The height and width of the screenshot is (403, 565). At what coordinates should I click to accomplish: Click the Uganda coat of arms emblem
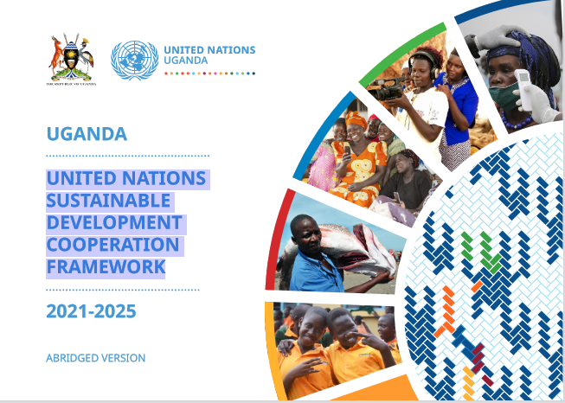(x=71, y=58)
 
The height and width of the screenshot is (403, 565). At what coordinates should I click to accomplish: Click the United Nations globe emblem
(x=134, y=61)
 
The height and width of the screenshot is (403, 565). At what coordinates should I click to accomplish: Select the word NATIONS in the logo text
(x=230, y=49)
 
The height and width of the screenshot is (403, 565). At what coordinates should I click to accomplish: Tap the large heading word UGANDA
(x=87, y=134)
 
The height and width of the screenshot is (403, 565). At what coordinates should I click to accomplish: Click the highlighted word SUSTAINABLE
(x=108, y=201)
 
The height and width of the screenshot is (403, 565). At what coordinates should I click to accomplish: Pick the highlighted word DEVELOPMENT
(x=114, y=222)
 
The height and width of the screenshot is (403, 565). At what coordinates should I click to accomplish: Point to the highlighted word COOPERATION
(x=112, y=245)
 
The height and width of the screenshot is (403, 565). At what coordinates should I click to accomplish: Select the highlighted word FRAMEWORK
(x=106, y=267)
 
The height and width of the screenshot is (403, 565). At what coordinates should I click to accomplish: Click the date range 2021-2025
(x=91, y=311)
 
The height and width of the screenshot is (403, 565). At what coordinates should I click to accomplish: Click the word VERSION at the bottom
(x=124, y=358)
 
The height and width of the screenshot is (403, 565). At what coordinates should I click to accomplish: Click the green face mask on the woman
(x=504, y=95)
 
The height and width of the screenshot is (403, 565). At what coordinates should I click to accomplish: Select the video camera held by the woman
(x=385, y=89)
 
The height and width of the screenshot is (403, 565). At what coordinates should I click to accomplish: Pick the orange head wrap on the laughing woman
(x=356, y=119)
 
